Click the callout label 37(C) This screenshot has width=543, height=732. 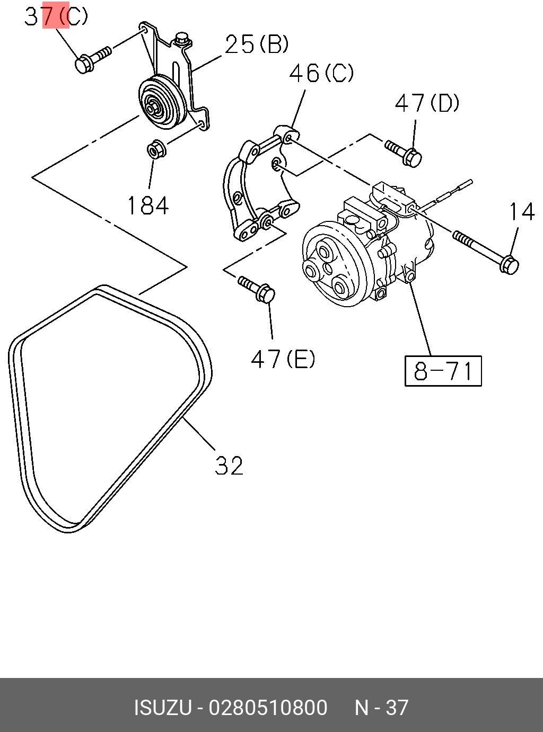[x=56, y=16]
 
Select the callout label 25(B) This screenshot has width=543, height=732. [x=257, y=44]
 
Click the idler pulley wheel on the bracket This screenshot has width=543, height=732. [x=161, y=102]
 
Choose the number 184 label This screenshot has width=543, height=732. [x=148, y=206]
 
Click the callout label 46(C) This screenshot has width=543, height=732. [x=321, y=73]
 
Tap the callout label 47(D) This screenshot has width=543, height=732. [x=427, y=103]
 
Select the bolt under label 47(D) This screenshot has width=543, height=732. [x=404, y=152]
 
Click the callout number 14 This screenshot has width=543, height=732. [x=522, y=212]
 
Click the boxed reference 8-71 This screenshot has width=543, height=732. [x=443, y=371]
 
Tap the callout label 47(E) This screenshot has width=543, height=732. [x=283, y=360]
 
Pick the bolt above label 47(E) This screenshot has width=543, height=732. [x=257, y=288]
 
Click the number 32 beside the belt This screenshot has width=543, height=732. [x=229, y=466]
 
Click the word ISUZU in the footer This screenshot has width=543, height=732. [x=163, y=708]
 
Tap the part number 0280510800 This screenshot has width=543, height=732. [x=268, y=708]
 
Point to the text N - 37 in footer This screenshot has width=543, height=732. [x=381, y=708]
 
